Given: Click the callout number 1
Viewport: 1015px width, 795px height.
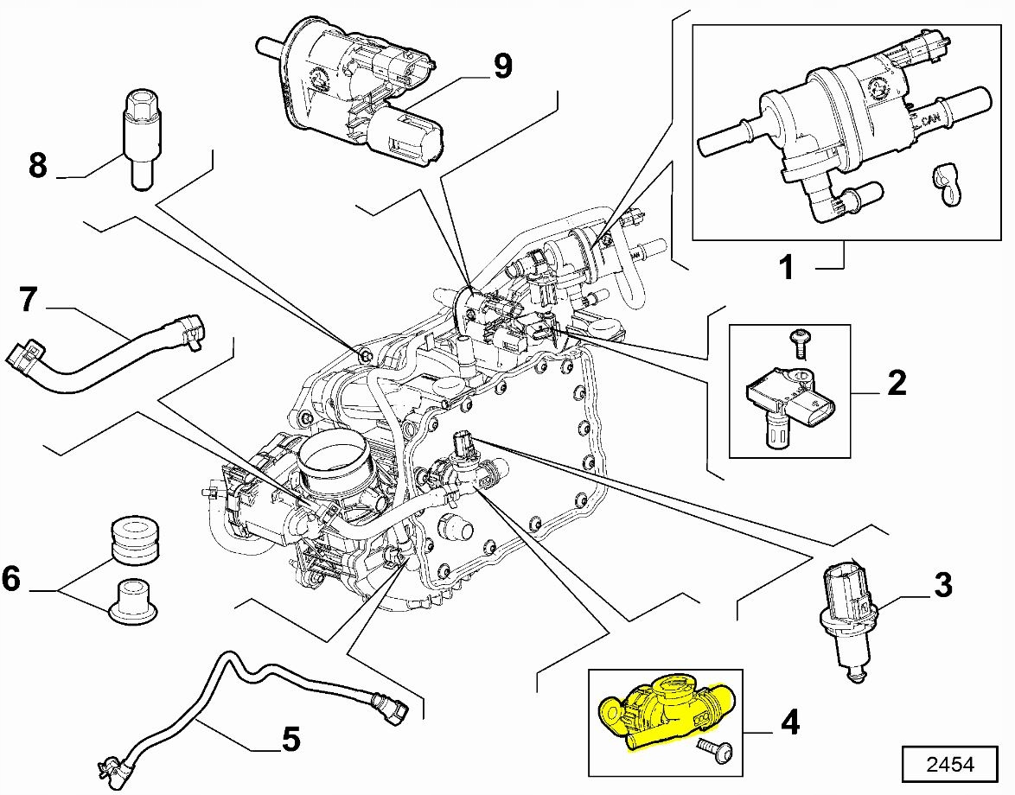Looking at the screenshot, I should (786, 267).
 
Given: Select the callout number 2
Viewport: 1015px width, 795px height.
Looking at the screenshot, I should (897, 382).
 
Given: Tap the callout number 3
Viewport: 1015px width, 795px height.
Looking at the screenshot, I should (942, 585).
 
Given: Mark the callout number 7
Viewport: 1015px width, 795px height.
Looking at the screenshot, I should (29, 300).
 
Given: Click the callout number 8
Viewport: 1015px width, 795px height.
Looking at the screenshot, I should (37, 165).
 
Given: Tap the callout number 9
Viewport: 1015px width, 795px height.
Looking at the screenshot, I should (503, 66).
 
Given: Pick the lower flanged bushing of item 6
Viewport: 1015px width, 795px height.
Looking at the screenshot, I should (134, 601).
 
